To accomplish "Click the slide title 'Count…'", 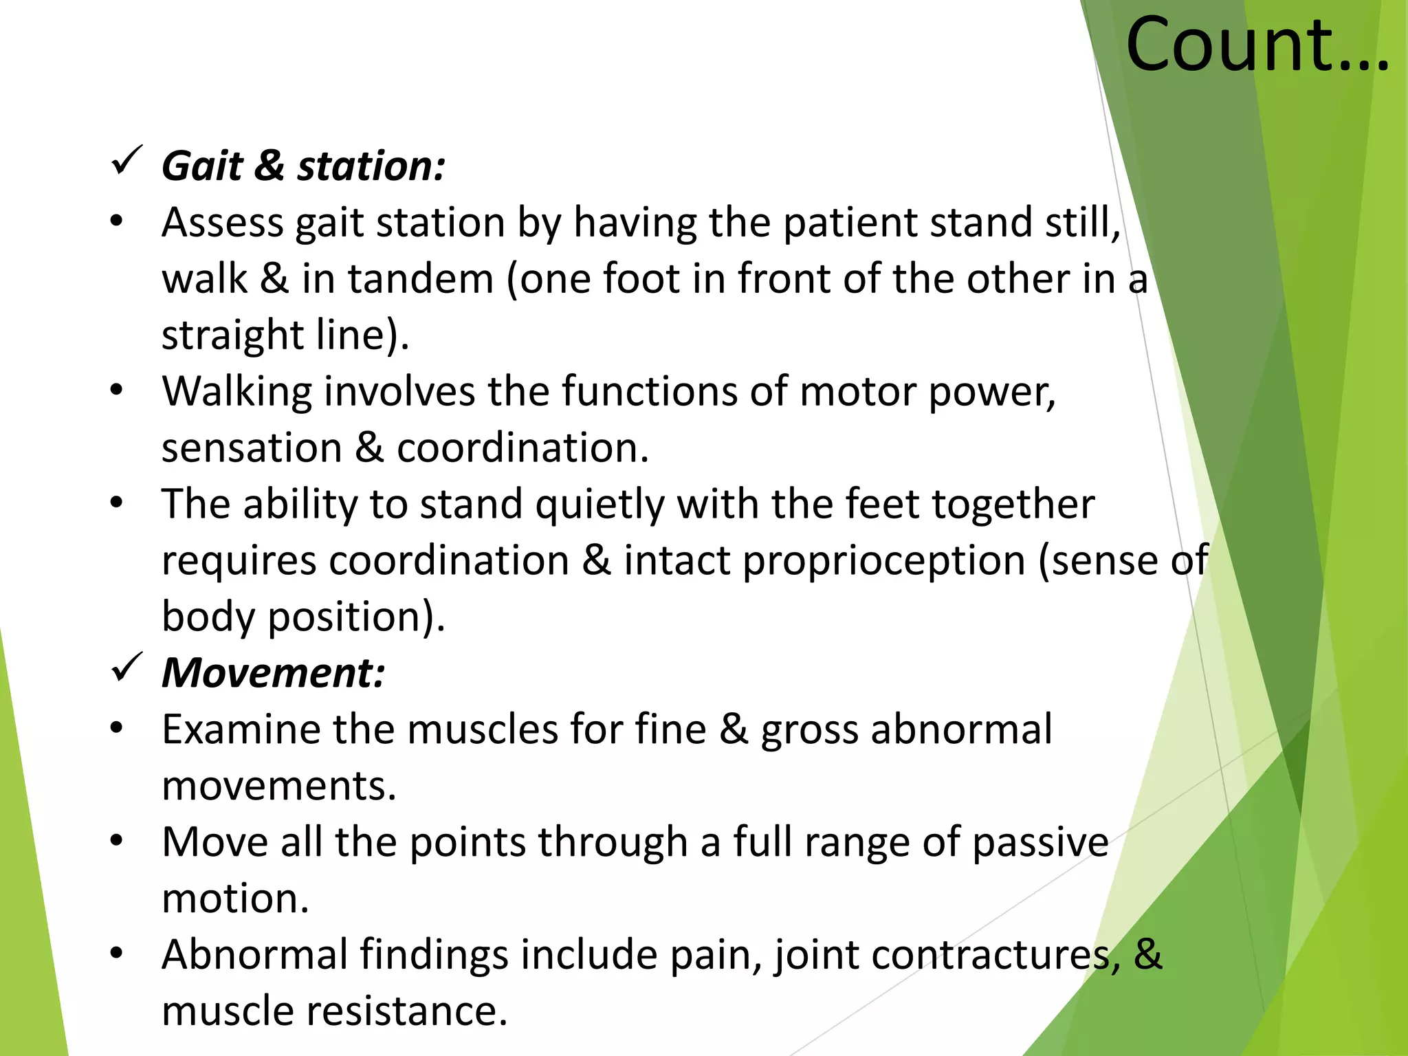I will coord(1257,45).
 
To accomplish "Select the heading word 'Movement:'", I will coord(273,672).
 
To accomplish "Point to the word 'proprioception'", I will coord(884,561).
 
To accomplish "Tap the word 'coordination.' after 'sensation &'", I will coord(522,448).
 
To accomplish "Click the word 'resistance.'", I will coord(406,1011).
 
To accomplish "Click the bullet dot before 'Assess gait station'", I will coord(116,221).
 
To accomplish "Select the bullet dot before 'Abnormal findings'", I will coord(116,953).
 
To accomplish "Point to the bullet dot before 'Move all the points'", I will coord(116,840).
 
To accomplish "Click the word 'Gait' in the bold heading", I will coord(202,166).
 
